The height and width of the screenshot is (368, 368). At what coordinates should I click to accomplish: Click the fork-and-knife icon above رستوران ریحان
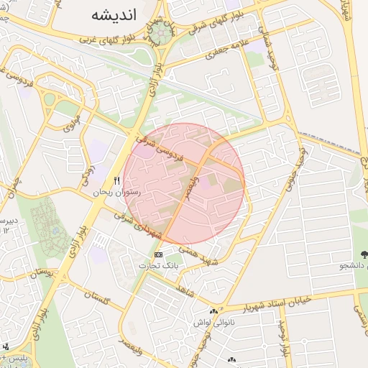coord(116,180)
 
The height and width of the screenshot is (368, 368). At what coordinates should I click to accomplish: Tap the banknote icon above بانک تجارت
coord(158,255)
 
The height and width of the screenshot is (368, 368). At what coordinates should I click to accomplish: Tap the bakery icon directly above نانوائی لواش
coord(213,311)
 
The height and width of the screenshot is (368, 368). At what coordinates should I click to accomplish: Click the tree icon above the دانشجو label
coord(364,254)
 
